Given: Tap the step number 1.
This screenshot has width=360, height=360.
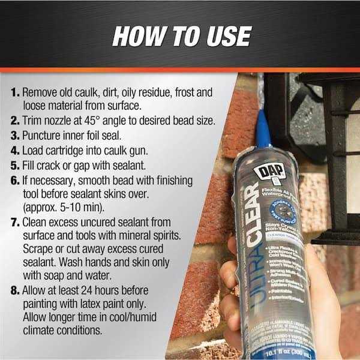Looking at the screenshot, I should point(14,94).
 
